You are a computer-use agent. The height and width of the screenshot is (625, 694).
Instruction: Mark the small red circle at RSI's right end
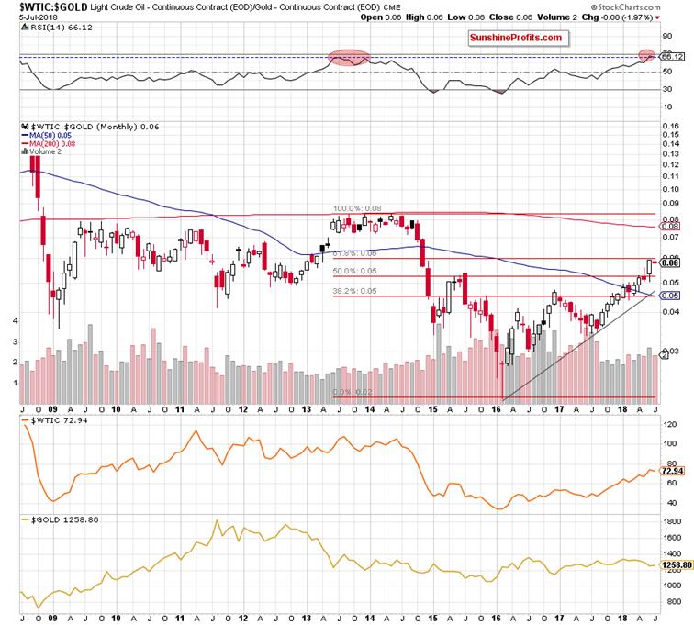click(647, 56)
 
